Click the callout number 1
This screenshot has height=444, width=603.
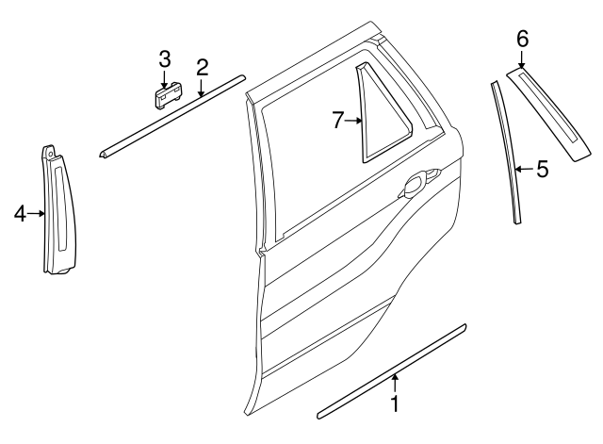[x=396, y=405]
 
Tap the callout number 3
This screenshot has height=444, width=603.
[x=164, y=59]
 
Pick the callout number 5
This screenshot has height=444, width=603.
[x=541, y=170]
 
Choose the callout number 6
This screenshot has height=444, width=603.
[x=522, y=39]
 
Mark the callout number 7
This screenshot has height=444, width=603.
[x=339, y=120]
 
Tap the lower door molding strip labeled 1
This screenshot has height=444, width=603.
[x=391, y=370]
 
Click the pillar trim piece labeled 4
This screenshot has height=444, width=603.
[x=57, y=212]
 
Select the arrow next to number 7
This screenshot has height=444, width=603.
[x=355, y=120]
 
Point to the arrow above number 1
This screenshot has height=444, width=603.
[x=396, y=382]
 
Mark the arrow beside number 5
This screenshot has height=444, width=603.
[x=523, y=170]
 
